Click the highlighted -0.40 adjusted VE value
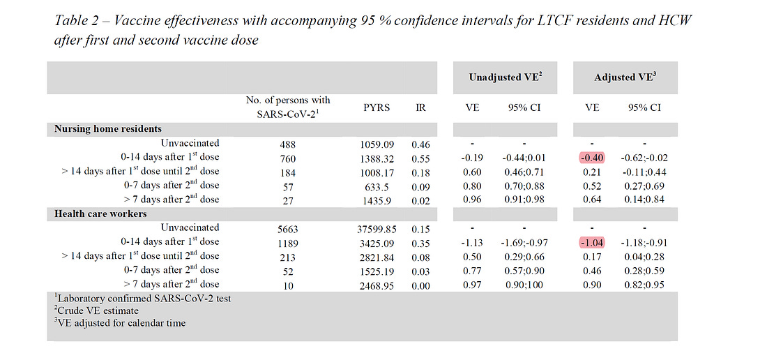click(590, 158)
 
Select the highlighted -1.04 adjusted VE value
click(590, 242)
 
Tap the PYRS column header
click(377, 107)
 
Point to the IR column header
click(420, 107)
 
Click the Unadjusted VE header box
click(505, 78)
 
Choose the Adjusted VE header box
click(625, 78)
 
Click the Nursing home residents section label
click(108, 129)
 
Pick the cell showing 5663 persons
click(288, 228)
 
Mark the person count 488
click(288, 144)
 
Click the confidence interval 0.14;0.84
click(645, 200)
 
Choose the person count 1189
click(288, 242)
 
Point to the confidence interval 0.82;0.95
click(645, 284)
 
